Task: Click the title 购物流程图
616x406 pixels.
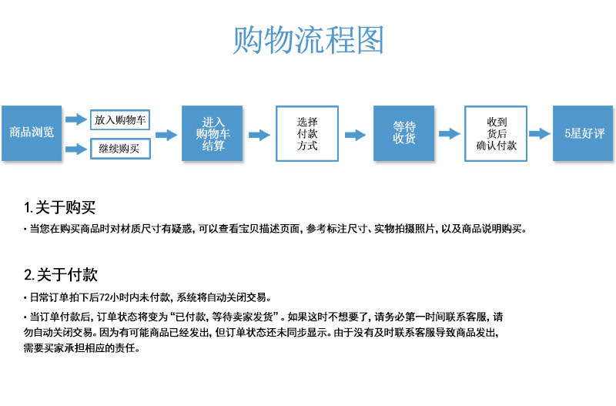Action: pyautogui.click(x=308, y=40)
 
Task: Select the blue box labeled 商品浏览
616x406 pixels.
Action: pyautogui.click(x=32, y=133)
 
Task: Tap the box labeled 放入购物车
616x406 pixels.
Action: pyautogui.click(x=121, y=120)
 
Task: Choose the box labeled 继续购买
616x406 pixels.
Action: pyautogui.click(x=120, y=149)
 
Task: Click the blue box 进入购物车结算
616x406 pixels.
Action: pyautogui.click(x=213, y=133)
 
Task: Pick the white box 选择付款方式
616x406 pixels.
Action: pyautogui.click(x=307, y=133)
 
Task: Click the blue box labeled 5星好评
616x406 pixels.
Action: pyautogui.click(x=584, y=133)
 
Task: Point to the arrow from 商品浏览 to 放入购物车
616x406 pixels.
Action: pyautogui.click(x=76, y=119)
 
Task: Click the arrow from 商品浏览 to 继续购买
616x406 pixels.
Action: pyautogui.click(x=76, y=149)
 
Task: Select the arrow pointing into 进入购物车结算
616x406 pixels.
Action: pyautogui.click(x=166, y=135)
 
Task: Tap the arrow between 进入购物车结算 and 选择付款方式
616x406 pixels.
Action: pyautogui.click(x=259, y=135)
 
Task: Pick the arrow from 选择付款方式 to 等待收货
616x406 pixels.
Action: pyautogui.click(x=355, y=135)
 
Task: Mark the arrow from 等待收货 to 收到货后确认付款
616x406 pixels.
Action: pyautogui.click(x=449, y=135)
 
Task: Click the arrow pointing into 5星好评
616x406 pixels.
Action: pyautogui.click(x=541, y=135)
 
